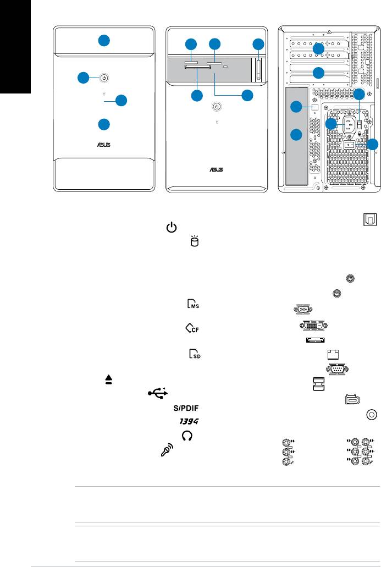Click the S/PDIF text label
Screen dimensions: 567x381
186,408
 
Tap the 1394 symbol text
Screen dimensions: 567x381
189,421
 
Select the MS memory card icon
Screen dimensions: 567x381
192,304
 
